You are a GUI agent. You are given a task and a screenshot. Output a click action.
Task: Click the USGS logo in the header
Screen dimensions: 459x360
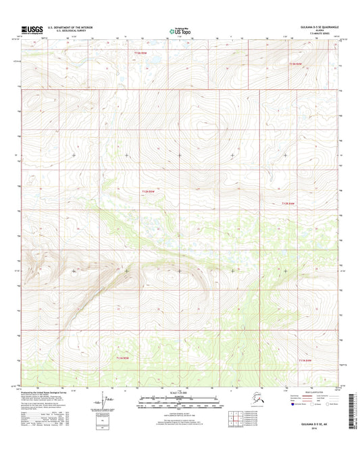coord(32,30)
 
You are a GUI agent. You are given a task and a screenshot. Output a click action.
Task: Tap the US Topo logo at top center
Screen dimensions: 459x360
coord(179,30)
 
